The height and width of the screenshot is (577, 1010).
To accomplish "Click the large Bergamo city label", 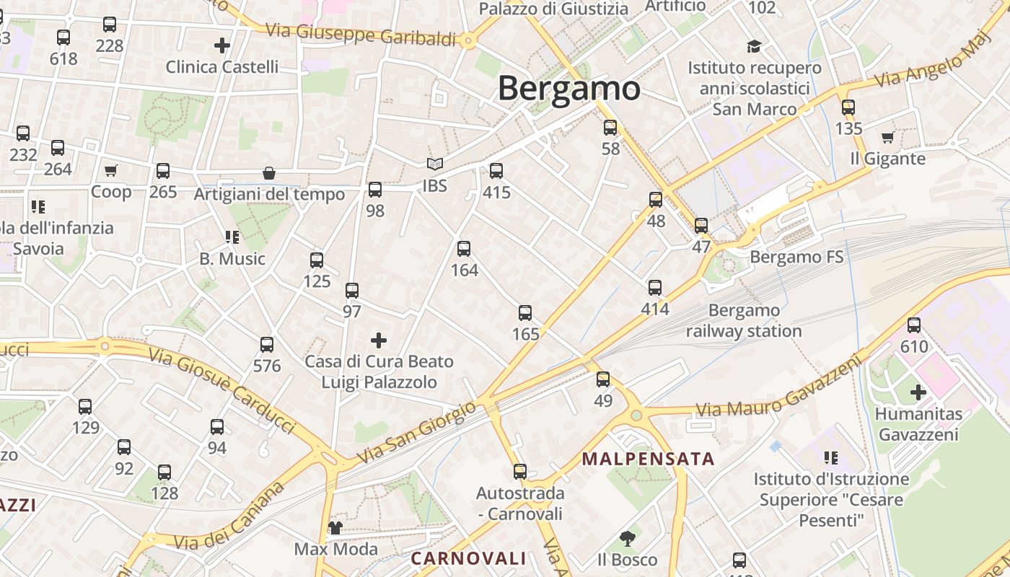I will pyautogui.click(x=568, y=89).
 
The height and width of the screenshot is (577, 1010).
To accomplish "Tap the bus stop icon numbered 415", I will pyautogui.click(x=496, y=171).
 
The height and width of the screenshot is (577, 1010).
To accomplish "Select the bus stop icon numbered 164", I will pyautogui.click(x=464, y=249).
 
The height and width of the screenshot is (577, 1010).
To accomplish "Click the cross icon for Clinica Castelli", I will pyautogui.click(x=222, y=45).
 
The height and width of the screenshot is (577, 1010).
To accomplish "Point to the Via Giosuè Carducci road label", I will pyautogui.click(x=222, y=390).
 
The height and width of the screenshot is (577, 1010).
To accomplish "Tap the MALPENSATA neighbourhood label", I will pyautogui.click(x=648, y=459).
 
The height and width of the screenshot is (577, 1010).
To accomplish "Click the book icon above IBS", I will pyautogui.click(x=434, y=164).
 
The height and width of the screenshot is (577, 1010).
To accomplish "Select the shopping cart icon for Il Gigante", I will pyautogui.click(x=887, y=137).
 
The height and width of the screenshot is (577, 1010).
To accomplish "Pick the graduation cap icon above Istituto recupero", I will pyautogui.click(x=754, y=46).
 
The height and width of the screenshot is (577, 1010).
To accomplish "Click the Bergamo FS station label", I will pyautogui.click(x=796, y=257).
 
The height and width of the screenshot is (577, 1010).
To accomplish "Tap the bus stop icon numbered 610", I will pyautogui.click(x=914, y=325).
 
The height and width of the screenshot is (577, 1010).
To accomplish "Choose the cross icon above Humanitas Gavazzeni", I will pyautogui.click(x=918, y=392).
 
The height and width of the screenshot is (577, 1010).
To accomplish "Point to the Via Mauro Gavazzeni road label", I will pyautogui.click(x=779, y=387).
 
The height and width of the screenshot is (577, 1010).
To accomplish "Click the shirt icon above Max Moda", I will pyautogui.click(x=335, y=528).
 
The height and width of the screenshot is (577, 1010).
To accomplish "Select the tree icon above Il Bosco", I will pyautogui.click(x=627, y=538).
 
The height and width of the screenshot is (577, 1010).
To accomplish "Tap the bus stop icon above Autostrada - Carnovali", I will pyautogui.click(x=519, y=472).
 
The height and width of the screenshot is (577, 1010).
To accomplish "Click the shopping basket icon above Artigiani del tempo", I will pyautogui.click(x=269, y=173).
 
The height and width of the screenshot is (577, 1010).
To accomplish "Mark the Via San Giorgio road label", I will pyautogui.click(x=417, y=433).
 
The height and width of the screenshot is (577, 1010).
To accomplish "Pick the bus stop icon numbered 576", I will pyautogui.click(x=267, y=345).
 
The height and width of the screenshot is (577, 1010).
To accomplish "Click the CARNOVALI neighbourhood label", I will pyautogui.click(x=468, y=558).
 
